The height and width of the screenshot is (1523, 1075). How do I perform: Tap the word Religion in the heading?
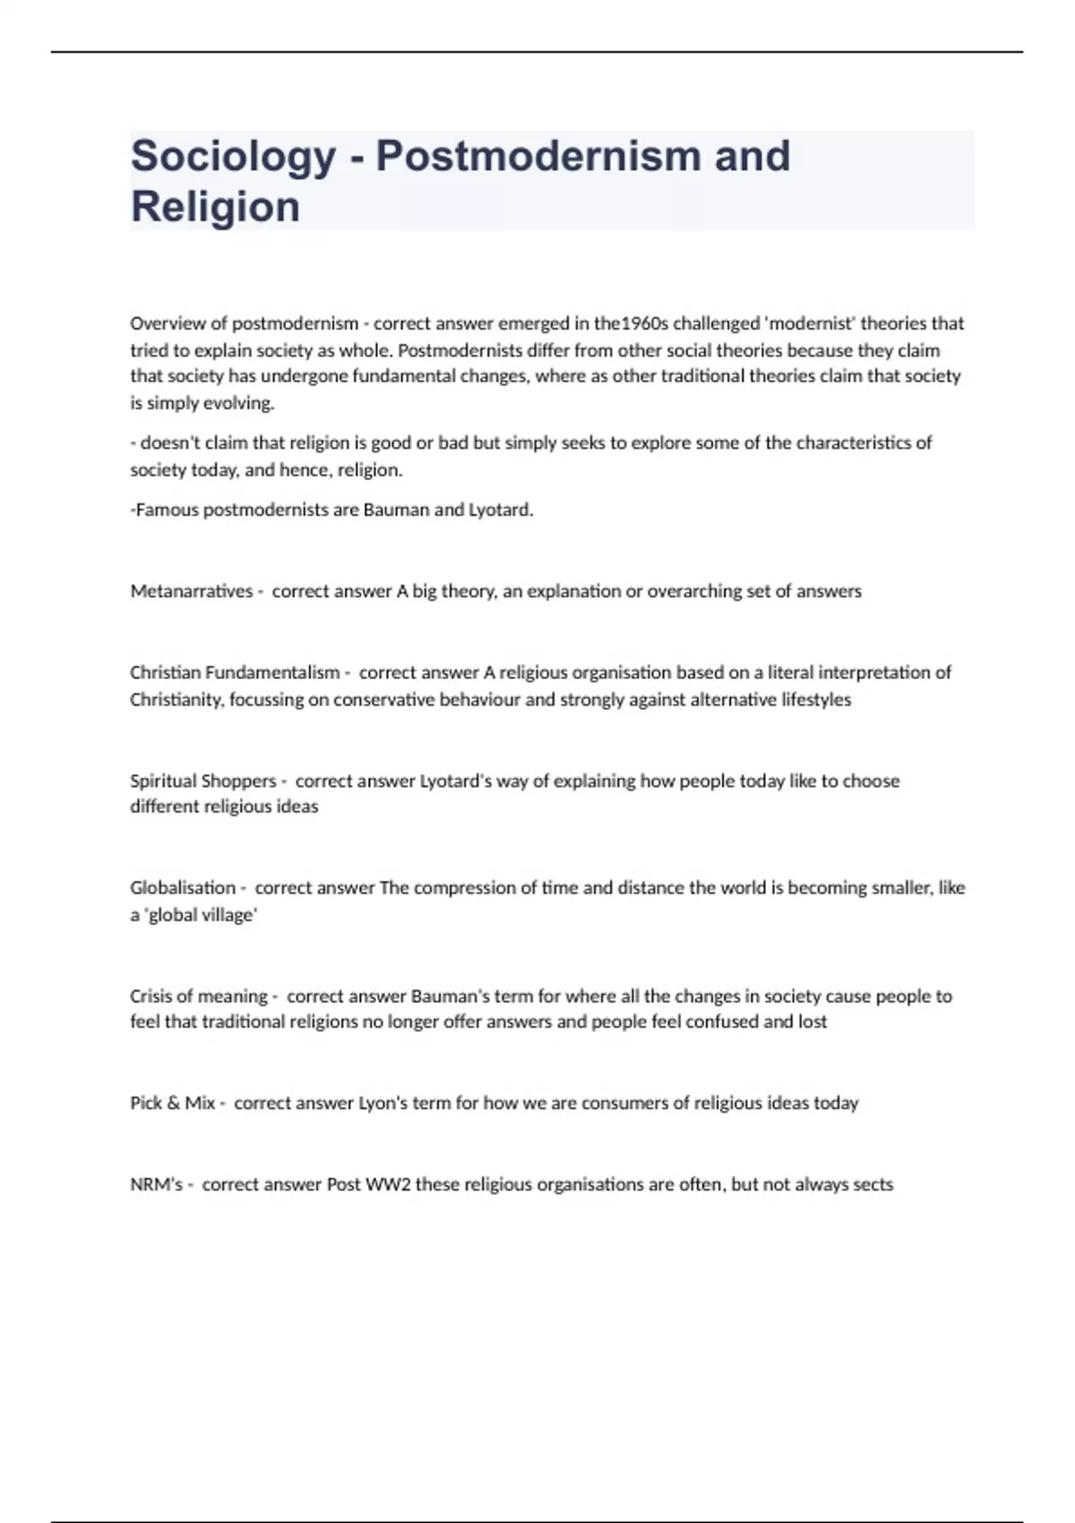(x=215, y=207)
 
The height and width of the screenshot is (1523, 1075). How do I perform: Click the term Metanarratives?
(x=192, y=591)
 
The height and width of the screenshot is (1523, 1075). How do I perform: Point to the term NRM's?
(x=156, y=1184)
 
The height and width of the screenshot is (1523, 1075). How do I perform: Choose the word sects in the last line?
(x=873, y=1184)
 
